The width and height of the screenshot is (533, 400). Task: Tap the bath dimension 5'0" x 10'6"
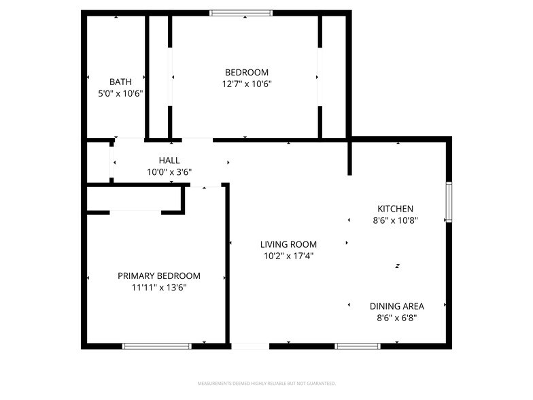click(x=120, y=94)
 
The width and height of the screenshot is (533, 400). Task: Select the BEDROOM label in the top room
click(x=247, y=72)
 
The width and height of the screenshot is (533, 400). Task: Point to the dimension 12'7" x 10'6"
click(x=247, y=84)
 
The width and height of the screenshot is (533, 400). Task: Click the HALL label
click(x=169, y=161)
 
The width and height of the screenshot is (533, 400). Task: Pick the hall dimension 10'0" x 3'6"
click(x=169, y=173)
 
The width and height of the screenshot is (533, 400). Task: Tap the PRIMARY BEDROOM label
click(x=159, y=276)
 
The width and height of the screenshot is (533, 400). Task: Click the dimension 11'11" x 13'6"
click(x=159, y=288)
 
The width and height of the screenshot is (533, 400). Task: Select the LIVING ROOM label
click(x=288, y=244)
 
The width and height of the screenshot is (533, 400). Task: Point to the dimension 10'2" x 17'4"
click(x=288, y=256)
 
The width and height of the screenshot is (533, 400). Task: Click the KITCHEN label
click(x=396, y=209)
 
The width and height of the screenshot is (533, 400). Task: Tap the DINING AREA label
click(x=397, y=306)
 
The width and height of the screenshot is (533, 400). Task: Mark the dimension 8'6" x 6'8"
click(x=397, y=318)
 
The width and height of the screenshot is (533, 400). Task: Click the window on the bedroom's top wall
click(x=241, y=13)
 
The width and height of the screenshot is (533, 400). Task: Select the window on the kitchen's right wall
click(x=448, y=202)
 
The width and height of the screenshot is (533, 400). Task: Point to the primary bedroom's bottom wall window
click(x=156, y=346)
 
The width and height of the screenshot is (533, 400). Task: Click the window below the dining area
click(x=358, y=346)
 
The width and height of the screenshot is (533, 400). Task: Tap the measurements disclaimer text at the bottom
click(x=266, y=383)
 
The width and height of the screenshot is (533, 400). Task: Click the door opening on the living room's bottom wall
click(x=250, y=346)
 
